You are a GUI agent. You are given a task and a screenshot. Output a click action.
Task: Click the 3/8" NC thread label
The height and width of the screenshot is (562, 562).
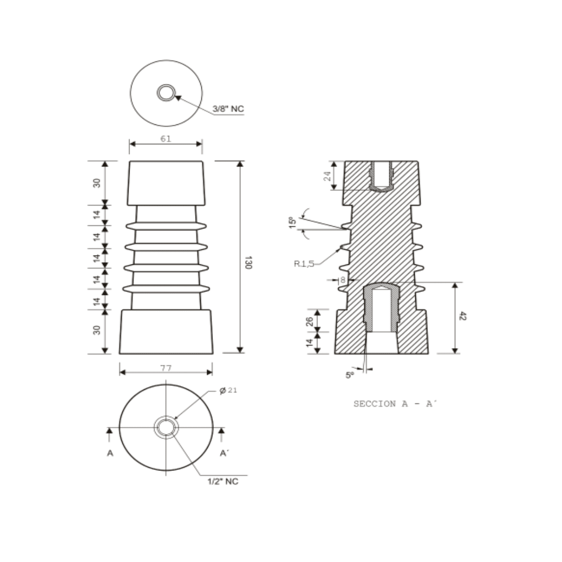pyautogui.click(x=228, y=109)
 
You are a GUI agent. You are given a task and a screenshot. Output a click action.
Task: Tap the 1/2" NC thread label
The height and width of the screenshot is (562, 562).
pyautogui.click(x=223, y=481)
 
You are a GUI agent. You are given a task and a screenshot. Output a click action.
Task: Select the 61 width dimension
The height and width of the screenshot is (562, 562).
pyautogui.click(x=165, y=139)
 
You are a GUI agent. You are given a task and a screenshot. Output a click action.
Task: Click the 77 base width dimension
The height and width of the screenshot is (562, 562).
pyautogui.click(x=165, y=368)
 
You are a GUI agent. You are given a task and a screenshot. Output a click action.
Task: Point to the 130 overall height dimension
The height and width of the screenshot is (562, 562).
pyautogui.click(x=248, y=262)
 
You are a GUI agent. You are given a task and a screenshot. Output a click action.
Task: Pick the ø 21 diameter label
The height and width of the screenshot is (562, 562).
pyautogui.click(x=228, y=390)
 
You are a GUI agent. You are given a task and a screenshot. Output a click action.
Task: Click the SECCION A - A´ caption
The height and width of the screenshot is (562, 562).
pyautogui.click(x=394, y=404)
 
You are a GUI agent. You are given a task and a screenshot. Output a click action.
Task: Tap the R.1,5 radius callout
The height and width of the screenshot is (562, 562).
pyautogui.click(x=304, y=264)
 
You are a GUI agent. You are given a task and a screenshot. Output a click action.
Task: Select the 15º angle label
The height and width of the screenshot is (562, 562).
pyautogui.click(x=292, y=222)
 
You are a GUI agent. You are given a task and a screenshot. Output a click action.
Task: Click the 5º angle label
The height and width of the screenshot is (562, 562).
pyautogui.click(x=350, y=375)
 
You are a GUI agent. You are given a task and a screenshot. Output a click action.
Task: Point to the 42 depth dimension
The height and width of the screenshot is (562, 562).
pyautogui.click(x=463, y=316)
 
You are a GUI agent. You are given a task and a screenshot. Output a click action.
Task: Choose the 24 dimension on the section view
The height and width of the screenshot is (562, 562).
pyautogui.click(x=327, y=176)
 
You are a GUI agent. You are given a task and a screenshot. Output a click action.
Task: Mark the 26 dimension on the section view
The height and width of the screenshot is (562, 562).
pyautogui.click(x=310, y=321)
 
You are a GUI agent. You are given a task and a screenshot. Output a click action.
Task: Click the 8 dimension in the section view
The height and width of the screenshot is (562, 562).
pyautogui.click(x=342, y=280)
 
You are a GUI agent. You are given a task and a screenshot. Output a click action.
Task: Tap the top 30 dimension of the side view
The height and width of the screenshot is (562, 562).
pyautogui.click(x=97, y=183)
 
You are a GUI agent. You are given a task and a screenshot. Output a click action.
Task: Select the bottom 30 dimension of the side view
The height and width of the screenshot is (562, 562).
pyautogui.click(x=97, y=330)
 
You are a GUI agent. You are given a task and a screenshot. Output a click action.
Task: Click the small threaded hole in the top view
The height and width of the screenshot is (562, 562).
pyautogui.click(x=166, y=93)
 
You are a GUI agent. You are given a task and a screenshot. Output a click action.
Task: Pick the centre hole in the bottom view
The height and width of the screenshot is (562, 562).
pyautogui.click(x=166, y=428)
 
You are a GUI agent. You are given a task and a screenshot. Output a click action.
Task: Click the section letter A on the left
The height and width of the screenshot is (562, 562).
pyautogui.click(x=110, y=453)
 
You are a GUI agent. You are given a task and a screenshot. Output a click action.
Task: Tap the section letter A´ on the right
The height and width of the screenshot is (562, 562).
pyautogui.click(x=224, y=453)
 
